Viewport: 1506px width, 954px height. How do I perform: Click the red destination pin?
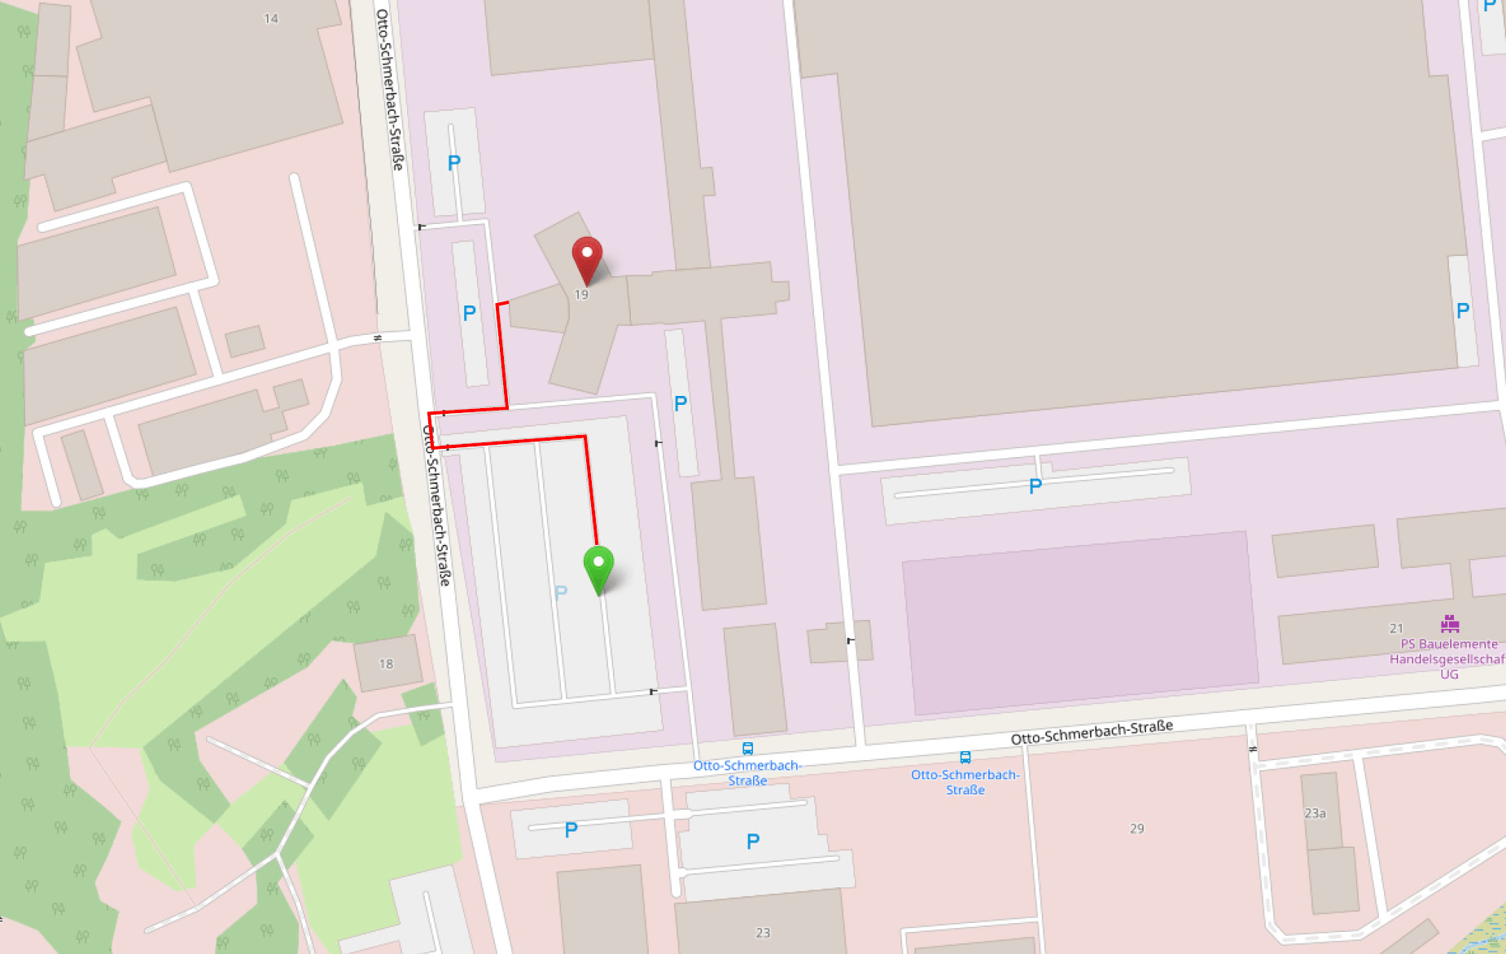tap(587, 257)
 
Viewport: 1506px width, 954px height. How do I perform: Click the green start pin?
tap(598, 565)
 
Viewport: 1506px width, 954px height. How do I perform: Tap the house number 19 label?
tap(581, 295)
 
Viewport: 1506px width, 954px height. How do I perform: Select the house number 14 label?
tap(271, 19)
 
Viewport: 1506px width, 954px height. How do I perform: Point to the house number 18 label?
tap(386, 664)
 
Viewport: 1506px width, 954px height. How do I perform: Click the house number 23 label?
tap(763, 933)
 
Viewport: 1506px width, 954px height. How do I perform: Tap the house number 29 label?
tap(1137, 829)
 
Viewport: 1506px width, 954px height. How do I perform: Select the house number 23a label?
tap(1315, 813)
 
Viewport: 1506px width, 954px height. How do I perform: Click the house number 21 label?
tap(1396, 628)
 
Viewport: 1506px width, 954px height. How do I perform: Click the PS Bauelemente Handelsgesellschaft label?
tap(1447, 659)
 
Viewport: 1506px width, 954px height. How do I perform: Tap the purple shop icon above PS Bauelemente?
tap(1450, 624)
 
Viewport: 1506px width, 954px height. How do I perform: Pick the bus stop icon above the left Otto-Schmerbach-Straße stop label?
tap(747, 749)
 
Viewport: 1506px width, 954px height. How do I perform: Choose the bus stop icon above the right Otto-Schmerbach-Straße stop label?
tap(965, 758)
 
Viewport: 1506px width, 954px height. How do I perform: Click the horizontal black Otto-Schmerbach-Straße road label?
tap(1092, 732)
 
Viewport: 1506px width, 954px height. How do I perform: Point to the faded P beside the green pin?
tap(561, 592)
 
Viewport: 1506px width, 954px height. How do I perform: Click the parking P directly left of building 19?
tap(469, 314)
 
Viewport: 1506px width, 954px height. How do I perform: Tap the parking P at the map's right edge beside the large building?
tap(1463, 310)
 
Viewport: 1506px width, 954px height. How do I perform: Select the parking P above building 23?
tap(753, 842)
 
